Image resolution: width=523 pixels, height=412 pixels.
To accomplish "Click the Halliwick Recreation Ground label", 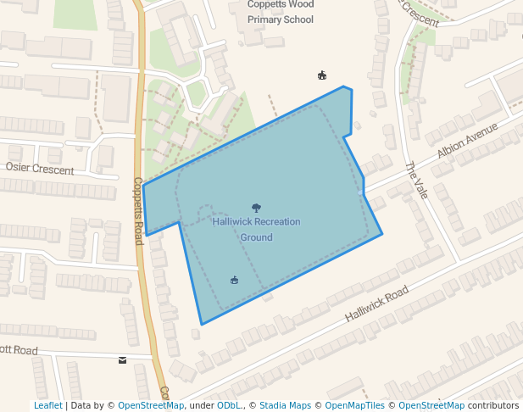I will (x=256, y=229).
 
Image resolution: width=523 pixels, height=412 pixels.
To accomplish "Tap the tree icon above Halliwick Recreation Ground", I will (x=256, y=208).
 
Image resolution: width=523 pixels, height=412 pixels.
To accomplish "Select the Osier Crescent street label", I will (x=39, y=169).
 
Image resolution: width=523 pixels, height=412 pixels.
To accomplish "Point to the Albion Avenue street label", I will (x=467, y=141).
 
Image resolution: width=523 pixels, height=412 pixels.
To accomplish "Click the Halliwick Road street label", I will (x=377, y=303).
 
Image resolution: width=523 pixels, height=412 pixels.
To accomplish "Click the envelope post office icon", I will (x=123, y=360).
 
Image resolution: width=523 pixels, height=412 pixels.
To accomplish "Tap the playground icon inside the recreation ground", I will (x=235, y=280).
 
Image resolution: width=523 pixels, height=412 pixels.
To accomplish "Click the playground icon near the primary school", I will (x=322, y=75).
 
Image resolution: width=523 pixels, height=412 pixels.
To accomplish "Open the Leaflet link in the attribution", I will (x=48, y=406).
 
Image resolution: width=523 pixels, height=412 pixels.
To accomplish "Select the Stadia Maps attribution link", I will (x=285, y=406).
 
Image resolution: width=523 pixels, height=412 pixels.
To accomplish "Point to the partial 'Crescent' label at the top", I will (x=419, y=12).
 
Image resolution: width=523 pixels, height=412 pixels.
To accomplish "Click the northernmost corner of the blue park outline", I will (x=343, y=86).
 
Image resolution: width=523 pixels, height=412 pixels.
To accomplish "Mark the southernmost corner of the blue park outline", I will (x=202, y=325).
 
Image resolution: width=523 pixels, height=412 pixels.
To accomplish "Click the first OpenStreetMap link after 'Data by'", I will (x=151, y=406).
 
